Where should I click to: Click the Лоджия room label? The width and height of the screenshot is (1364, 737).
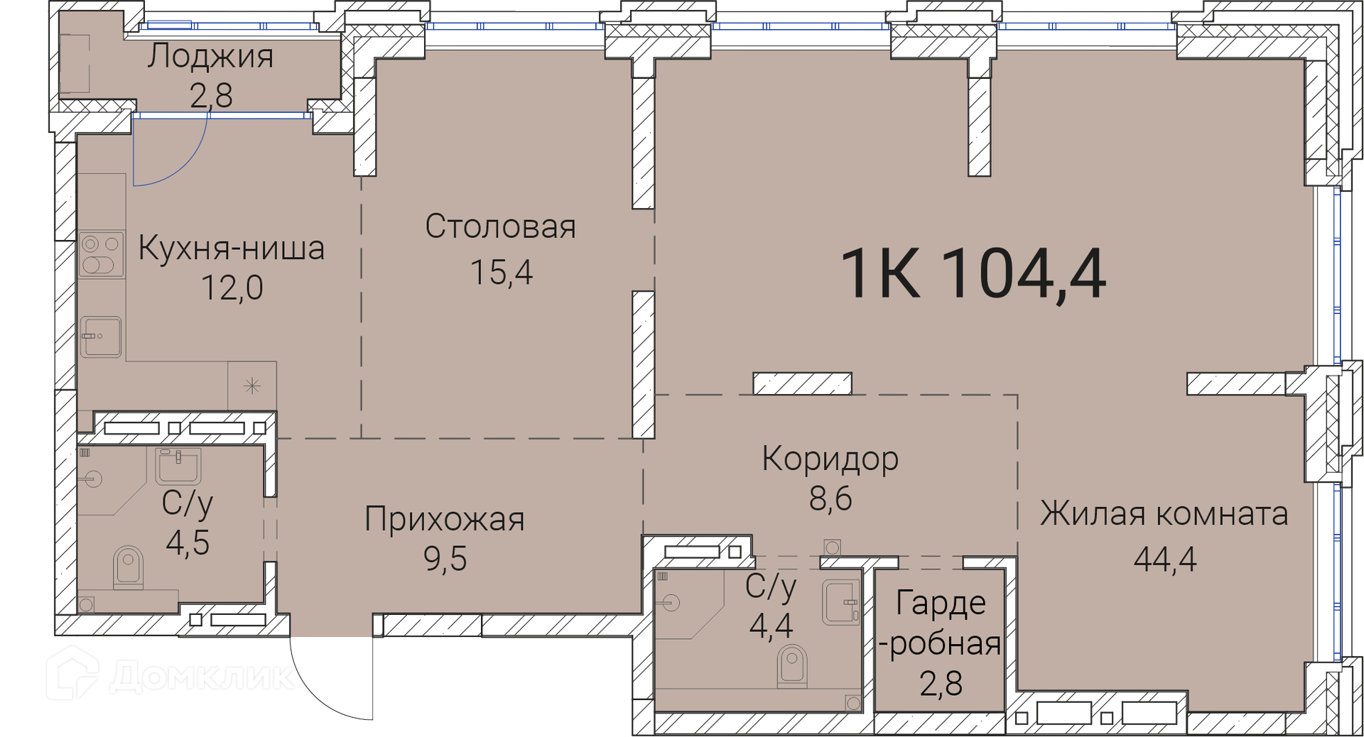click(210, 57)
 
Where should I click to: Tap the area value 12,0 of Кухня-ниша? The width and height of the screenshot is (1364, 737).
click(232, 288)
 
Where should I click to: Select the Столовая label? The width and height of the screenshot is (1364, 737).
click(501, 227)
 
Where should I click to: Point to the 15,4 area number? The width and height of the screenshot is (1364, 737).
click(502, 272)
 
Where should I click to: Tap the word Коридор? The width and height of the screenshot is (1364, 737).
click(830, 459)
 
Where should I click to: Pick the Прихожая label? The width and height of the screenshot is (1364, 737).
click(445, 519)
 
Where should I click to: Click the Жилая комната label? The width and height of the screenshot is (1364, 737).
click(1164, 513)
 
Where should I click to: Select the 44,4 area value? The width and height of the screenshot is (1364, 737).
click(1165, 559)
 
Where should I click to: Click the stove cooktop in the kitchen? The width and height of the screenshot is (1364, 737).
click(101, 254)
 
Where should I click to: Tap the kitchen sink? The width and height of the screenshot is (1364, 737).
click(100, 337)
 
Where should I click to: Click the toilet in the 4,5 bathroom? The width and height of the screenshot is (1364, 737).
click(128, 567)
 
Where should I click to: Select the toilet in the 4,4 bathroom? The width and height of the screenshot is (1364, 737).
click(793, 666)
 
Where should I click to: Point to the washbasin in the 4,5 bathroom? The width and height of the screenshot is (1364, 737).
click(178, 466)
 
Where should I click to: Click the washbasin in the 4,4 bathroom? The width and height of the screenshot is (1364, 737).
click(841, 603)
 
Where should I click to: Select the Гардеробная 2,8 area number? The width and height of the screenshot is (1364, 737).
click(941, 684)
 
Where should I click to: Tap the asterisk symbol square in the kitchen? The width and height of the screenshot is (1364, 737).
click(252, 386)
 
